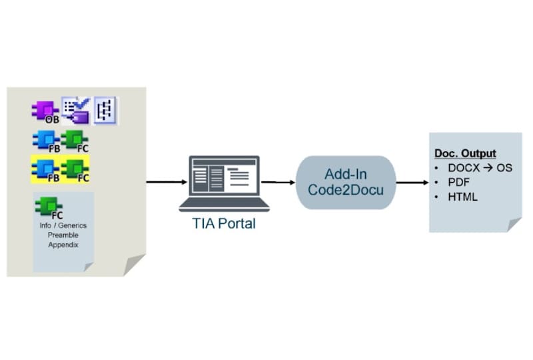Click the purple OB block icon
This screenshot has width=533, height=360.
tap(44, 111)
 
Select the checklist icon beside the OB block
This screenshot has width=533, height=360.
tap(76, 110)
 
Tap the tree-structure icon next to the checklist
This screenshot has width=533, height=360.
tap(105, 110)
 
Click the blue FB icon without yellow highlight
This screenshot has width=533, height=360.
tap(45, 141)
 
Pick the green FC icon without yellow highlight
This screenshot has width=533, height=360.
tap(74, 141)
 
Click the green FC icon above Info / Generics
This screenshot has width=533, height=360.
tap(49, 207)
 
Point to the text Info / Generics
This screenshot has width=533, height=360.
tap(63, 225)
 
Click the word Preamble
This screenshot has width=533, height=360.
tap(63, 235)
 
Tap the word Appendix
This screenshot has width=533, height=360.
tap(63, 245)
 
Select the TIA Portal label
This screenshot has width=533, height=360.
tap(224, 224)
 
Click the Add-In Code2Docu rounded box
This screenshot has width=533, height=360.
tap(345, 182)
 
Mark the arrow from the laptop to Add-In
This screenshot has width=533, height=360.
tap(278, 181)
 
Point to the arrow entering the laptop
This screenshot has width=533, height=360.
tap(166, 181)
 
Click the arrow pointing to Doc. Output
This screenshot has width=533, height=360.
tap(412, 181)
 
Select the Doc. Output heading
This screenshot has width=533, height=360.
tap(465, 154)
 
